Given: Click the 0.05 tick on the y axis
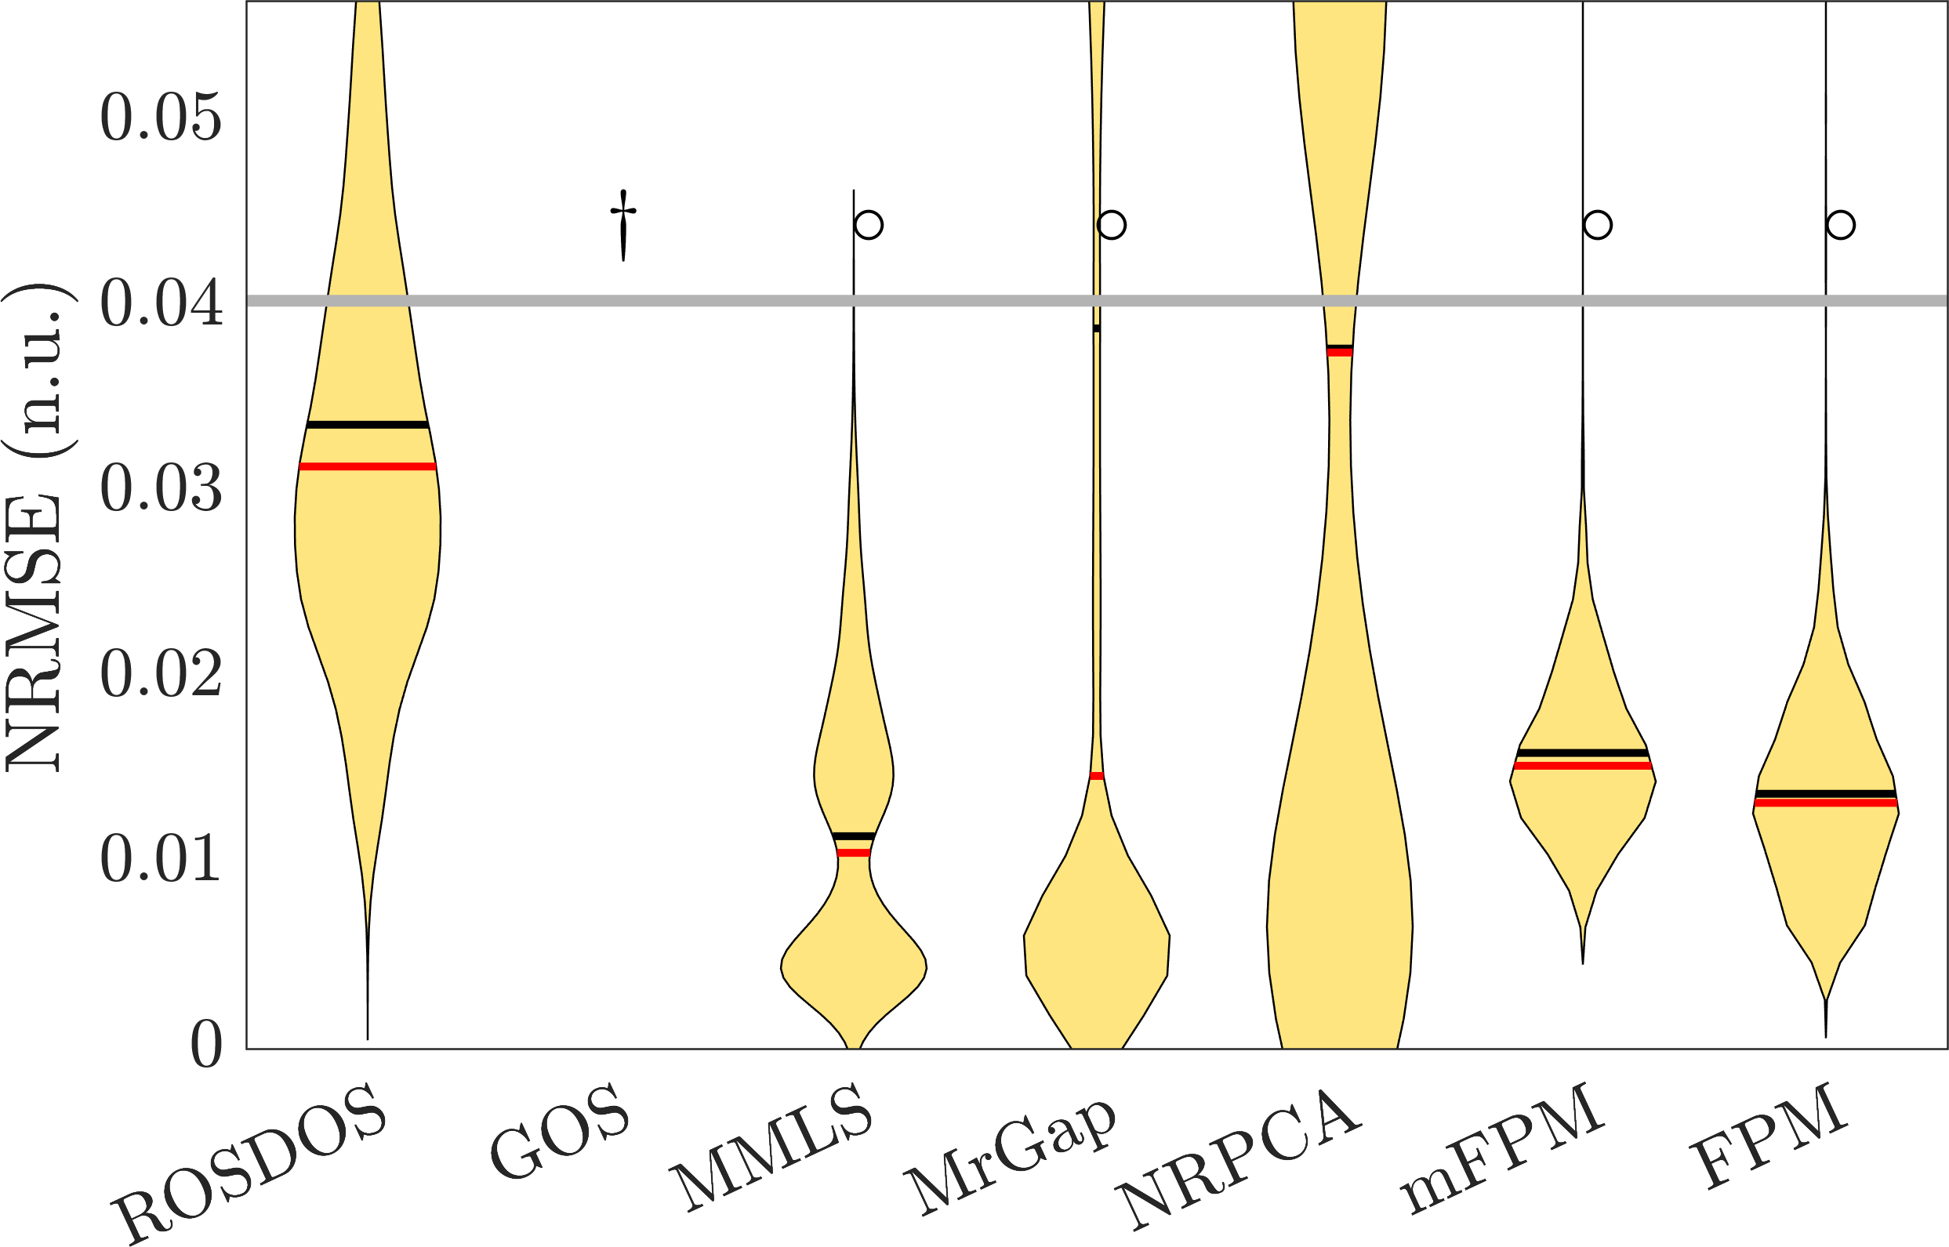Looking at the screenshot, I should tap(160, 118).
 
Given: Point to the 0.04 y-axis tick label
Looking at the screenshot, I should tap(160, 304).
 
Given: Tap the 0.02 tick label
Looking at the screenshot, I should tap(160, 675).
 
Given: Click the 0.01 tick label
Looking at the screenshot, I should tap(160, 859).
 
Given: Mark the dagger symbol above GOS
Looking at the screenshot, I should tap(622, 224).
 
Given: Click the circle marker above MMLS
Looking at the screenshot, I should tap(869, 224).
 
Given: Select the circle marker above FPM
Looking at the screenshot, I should tap(1842, 224).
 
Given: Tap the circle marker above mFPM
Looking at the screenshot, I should tap(1599, 224).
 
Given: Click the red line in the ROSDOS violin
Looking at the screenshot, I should tap(368, 466).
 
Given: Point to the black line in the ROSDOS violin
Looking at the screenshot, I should tap(368, 424).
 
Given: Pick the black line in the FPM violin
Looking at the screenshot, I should tap(1825, 792).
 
